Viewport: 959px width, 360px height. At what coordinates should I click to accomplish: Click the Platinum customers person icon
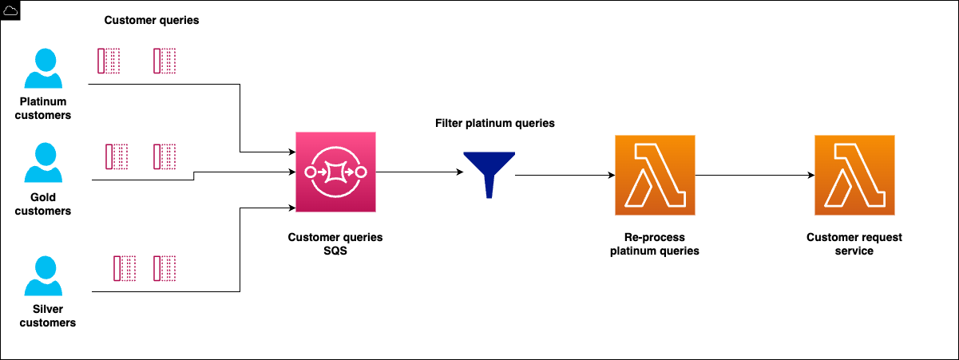point(43,69)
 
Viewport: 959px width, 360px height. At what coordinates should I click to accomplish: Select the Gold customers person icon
point(43,164)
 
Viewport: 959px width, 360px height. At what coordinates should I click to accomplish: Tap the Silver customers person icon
point(43,276)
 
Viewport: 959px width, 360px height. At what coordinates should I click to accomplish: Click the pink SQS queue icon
point(335,172)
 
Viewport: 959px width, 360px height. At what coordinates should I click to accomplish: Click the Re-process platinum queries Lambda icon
point(655,175)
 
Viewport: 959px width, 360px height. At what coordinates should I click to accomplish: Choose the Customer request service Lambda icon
point(854,175)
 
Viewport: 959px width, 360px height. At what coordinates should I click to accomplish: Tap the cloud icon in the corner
point(11,10)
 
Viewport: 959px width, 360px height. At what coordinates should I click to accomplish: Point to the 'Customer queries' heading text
point(152,20)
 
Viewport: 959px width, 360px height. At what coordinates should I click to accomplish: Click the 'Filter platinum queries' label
point(494,124)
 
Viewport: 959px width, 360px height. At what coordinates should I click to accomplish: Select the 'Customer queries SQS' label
point(335,244)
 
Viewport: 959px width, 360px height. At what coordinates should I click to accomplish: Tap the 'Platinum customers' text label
point(45,109)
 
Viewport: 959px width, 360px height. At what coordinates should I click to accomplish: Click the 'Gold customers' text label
point(45,205)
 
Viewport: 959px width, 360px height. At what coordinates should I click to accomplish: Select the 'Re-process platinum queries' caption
point(654,244)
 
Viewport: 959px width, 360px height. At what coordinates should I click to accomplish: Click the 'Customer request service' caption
point(854,244)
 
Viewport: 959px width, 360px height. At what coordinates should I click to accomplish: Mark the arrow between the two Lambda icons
point(755,175)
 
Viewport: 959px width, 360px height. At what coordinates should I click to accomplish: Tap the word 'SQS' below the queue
point(335,251)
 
